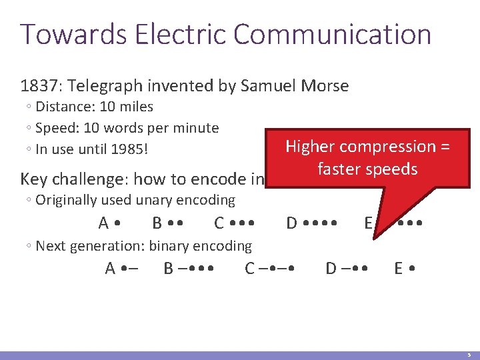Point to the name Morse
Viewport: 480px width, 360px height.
tap(325, 86)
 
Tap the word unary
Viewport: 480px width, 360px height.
tap(151, 200)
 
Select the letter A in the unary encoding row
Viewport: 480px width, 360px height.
tap(103, 223)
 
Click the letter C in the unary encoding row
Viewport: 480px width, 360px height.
tap(219, 223)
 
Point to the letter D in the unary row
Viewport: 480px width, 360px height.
tap(291, 223)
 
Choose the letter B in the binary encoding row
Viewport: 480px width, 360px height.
tap(169, 269)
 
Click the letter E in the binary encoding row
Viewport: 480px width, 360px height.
tap(398, 269)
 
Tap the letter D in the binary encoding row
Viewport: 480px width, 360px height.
tap(331, 269)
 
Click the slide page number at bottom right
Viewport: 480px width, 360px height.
tap(469, 355)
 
